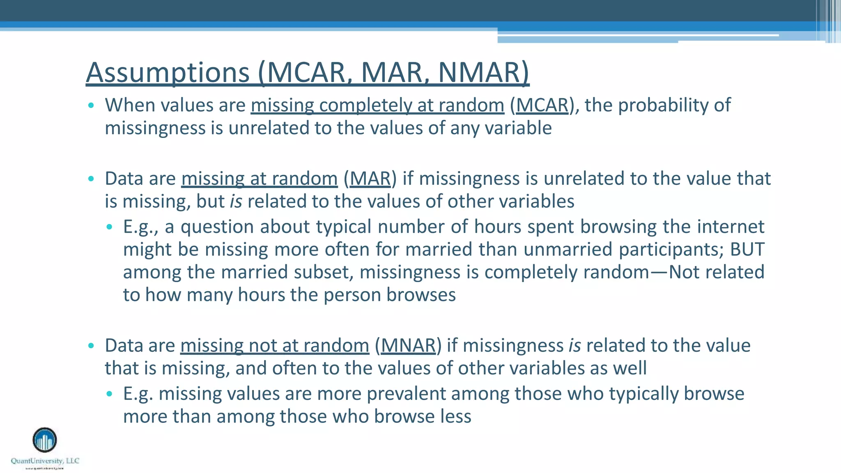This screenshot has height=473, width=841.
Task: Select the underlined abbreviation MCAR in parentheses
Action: coord(542,105)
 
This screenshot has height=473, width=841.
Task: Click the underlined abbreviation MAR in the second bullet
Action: coord(370,179)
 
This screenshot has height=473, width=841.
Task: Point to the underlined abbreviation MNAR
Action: coord(408,345)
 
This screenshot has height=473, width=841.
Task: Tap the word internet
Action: coord(731,227)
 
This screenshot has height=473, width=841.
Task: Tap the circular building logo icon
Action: coord(45,440)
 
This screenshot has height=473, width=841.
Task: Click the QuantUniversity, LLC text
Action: coord(45,461)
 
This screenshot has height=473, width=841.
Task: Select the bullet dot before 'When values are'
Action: coord(91,106)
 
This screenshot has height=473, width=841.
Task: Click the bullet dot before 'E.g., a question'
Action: coord(109,227)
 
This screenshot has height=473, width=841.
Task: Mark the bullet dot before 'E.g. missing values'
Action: coord(109,394)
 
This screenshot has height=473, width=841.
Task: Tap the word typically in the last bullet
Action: coord(643,393)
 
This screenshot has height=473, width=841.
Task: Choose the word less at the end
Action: coord(455,416)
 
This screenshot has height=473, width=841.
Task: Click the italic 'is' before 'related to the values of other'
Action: coord(236,202)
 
